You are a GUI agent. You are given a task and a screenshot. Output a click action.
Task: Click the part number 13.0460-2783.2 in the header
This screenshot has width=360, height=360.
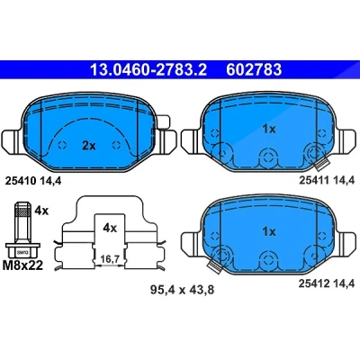coord(148,70)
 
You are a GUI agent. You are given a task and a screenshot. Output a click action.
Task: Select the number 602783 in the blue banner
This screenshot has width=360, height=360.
coord(254,70)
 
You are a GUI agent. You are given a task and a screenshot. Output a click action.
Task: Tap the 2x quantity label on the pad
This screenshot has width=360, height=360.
coord(89,146)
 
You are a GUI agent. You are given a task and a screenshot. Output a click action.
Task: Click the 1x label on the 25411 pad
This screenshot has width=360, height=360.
coord(269,129)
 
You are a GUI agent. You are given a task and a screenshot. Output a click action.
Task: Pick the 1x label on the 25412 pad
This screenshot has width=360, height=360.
coord(269,231)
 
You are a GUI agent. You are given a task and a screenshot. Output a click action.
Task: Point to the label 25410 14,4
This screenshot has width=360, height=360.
coord(33,181)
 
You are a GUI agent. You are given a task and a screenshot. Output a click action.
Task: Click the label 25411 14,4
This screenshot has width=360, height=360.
coord(327,180)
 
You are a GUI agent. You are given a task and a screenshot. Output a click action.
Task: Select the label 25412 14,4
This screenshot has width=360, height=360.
coord(327,283)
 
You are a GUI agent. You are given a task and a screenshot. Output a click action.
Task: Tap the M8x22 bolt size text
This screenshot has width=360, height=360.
coord(22,265)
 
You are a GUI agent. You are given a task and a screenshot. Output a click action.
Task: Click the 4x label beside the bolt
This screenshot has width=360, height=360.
coord(41,211)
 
